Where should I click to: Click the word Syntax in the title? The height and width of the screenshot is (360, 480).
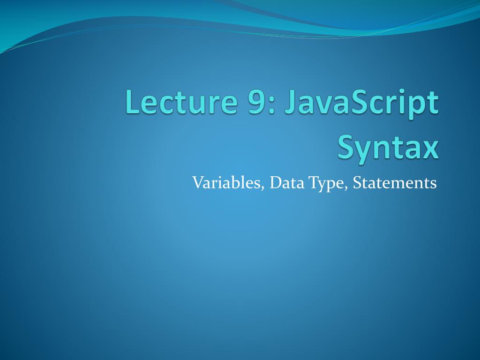coord(388,148)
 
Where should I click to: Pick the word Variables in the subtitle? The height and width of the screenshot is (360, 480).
coord(227,182)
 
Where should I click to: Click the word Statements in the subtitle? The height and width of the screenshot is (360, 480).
coord(395,182)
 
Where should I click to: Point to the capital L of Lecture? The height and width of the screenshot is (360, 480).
coord(132,103)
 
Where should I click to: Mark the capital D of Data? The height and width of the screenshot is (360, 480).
coord(275,182)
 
